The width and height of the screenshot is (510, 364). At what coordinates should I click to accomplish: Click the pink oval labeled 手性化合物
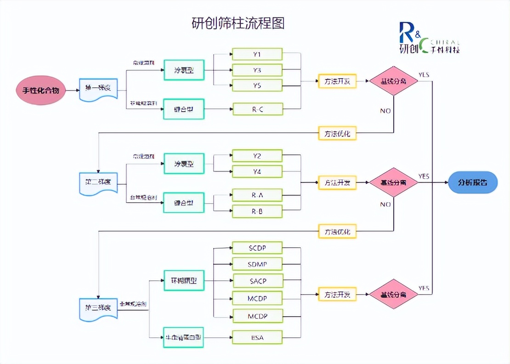41,90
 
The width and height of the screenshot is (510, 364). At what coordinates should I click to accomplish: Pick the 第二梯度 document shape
98,183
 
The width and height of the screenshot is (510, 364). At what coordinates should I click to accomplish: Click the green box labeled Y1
257,54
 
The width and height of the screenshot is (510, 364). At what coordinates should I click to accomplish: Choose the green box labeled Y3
257,70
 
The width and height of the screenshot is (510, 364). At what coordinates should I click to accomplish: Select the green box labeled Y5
257,85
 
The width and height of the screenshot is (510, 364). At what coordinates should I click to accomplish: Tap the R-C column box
257,109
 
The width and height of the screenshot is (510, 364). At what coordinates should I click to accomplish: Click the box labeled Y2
257,156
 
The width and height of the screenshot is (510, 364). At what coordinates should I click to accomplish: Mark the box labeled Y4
257,171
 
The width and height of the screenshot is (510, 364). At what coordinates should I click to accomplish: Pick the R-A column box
257,195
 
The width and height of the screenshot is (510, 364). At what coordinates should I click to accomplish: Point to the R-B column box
257,211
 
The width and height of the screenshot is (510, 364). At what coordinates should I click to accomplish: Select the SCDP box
257,248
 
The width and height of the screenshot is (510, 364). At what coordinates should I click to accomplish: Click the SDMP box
257,264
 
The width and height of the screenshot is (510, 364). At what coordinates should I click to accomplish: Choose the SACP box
258,280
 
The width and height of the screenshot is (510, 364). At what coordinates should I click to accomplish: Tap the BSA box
257,338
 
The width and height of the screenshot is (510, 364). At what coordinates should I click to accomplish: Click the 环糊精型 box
184,281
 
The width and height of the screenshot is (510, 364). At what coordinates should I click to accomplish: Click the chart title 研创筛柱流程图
238,23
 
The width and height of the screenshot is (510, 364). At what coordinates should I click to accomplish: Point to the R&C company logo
428,38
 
